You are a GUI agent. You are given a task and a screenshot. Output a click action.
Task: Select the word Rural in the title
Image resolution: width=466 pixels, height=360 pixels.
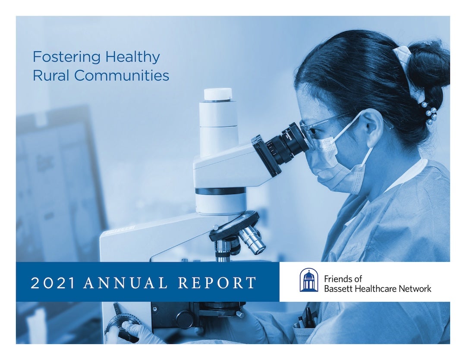click(50, 75)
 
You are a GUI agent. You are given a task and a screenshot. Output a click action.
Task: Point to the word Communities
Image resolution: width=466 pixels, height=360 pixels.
click(121, 75)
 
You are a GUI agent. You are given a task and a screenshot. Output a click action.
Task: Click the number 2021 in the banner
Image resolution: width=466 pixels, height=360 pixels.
click(53, 283)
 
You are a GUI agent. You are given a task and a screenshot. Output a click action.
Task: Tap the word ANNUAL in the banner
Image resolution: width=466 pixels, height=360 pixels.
click(126, 283)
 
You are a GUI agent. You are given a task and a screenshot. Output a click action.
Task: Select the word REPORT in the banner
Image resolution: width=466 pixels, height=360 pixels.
click(217, 283)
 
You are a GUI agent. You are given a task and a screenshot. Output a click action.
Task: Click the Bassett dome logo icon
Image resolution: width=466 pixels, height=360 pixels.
click(309, 280)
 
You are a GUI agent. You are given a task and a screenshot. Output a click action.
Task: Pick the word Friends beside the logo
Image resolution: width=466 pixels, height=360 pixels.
click(337, 279)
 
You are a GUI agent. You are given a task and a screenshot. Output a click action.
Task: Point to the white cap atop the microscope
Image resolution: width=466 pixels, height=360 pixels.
click(218, 94)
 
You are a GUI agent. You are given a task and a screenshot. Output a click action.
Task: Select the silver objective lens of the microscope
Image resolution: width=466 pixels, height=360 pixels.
click(252, 239)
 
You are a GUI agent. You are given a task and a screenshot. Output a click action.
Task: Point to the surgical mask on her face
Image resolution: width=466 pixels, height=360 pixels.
click(341, 162)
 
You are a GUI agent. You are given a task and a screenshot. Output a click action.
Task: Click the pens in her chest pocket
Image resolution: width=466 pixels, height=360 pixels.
click(307, 318)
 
